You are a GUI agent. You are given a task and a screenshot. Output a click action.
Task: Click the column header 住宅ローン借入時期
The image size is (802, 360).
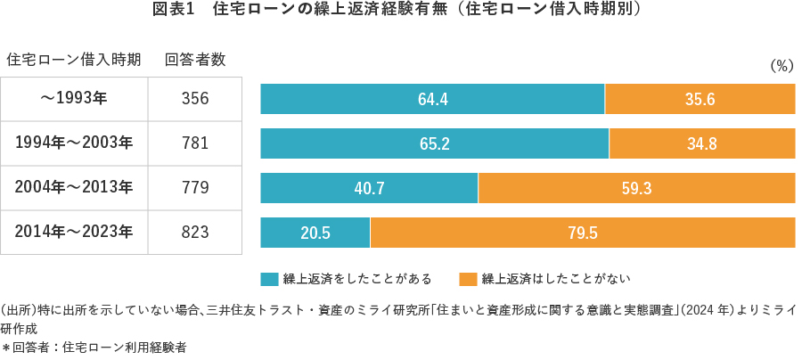point(74,60)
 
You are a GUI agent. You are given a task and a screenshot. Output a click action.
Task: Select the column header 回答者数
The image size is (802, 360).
point(195,60)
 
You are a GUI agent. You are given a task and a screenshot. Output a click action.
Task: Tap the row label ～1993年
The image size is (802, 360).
point(74,98)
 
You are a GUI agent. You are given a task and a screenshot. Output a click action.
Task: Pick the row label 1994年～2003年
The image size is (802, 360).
point(74,143)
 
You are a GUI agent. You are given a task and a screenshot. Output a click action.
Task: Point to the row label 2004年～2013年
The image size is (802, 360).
point(74,187)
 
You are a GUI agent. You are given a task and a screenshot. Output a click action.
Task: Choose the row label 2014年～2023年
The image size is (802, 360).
point(74,232)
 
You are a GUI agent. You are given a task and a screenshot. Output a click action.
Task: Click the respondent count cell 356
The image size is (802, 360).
point(195,98)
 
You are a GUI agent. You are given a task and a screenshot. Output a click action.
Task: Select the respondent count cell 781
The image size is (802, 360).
point(195,143)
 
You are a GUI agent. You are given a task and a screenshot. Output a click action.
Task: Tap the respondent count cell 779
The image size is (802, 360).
point(195,187)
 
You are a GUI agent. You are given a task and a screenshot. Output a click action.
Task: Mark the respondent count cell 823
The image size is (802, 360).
point(195,232)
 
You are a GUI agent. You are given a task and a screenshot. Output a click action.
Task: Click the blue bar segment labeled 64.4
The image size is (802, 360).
point(432,99)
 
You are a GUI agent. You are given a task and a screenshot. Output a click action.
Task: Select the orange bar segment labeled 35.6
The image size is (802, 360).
point(700,99)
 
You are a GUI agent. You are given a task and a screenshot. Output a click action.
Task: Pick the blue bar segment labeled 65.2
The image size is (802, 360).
point(434,143)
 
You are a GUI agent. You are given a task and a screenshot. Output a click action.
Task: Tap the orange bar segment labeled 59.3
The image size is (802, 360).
point(636,188)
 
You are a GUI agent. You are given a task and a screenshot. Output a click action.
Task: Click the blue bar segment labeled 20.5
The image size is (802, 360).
point(315,233)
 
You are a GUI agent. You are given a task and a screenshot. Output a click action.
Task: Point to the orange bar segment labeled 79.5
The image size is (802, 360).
point(582,233)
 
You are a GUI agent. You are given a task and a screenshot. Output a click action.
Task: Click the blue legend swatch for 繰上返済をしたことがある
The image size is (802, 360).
point(269,279)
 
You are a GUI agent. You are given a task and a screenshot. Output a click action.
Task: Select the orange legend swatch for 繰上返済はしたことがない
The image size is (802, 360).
point(468,279)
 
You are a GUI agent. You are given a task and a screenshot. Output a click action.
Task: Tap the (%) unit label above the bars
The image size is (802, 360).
point(780,65)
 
